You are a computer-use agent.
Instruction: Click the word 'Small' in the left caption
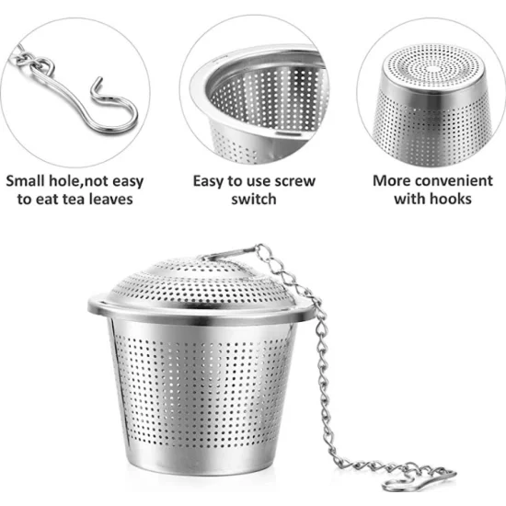(x=25, y=180)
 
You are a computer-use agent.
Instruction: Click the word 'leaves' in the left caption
(x=111, y=199)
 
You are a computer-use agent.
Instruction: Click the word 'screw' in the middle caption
(x=294, y=181)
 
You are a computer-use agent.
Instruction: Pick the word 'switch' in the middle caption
(x=254, y=199)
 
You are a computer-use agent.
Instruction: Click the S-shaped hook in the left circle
(x=90, y=107)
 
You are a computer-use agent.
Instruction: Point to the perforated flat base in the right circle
(x=433, y=67)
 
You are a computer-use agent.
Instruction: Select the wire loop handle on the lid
(x=226, y=253)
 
